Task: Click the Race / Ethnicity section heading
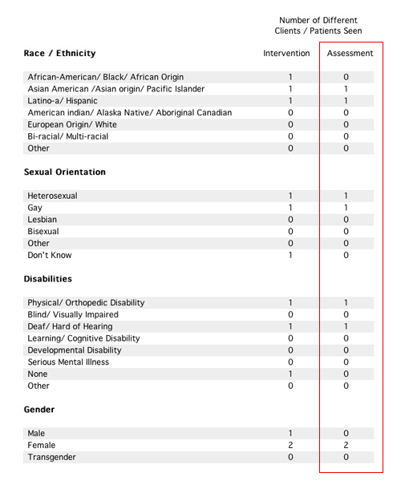click(60, 54)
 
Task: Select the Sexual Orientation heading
click(65, 172)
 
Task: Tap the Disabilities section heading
click(50, 279)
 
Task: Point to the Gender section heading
click(41, 410)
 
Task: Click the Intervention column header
click(286, 54)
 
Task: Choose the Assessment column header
click(350, 54)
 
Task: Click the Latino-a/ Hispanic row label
click(61, 101)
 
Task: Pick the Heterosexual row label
click(54, 196)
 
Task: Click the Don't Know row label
click(50, 255)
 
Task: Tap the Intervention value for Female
click(290, 445)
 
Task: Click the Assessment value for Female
click(346, 445)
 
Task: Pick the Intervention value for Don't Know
click(290, 255)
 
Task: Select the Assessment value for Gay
click(346, 208)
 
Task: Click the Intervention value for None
click(290, 374)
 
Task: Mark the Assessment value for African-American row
click(346, 77)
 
